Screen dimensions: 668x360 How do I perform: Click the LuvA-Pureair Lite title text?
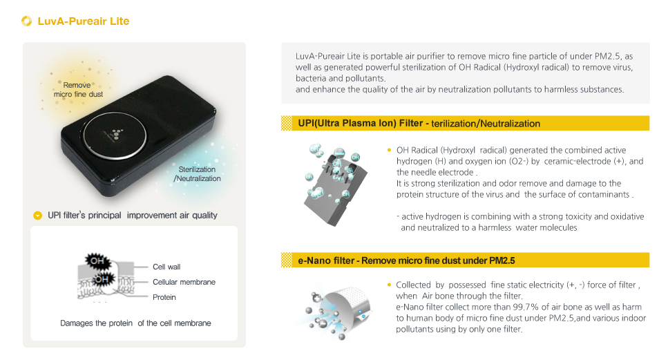84,21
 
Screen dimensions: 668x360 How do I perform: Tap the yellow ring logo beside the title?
26,21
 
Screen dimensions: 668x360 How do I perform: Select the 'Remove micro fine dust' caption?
78,89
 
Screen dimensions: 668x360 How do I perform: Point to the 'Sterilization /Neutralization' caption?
198,174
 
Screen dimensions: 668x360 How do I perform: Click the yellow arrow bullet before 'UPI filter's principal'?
37,216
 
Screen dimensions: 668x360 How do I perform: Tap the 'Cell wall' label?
166,267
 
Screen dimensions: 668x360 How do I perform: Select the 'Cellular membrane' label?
184,282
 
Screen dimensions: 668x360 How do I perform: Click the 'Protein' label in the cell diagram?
164,297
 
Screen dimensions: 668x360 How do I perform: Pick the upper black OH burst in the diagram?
97,260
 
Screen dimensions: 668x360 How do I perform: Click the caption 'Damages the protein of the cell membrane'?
135,323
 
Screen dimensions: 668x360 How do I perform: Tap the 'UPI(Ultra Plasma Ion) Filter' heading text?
361,124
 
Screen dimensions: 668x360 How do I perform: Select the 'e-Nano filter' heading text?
326,260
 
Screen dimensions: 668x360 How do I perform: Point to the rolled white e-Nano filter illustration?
350,306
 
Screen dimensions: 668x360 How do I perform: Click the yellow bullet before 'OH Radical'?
389,150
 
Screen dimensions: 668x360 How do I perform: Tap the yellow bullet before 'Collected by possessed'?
389,285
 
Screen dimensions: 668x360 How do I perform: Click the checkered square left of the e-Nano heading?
287,260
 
